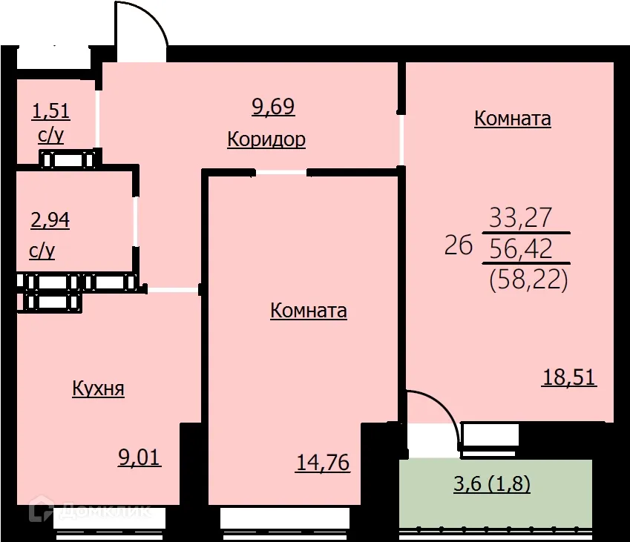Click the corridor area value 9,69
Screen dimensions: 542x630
coord(273,107)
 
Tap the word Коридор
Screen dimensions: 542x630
coord(266,139)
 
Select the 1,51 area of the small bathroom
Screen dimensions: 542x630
coord(50,111)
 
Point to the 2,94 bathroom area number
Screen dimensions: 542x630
coord(50,219)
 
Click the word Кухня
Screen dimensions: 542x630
coord(98,389)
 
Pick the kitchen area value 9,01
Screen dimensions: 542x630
coord(140,456)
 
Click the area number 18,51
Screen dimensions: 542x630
coord(570,377)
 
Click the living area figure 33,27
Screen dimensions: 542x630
coord(521,217)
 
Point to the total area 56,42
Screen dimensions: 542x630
coord(521,249)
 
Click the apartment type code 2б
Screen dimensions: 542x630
coord(459,245)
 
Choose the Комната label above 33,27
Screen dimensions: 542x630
coord(512,119)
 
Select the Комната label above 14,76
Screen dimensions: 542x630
coord(309,310)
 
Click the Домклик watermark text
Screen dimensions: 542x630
coord(104,512)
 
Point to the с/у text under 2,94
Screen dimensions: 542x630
coord(42,251)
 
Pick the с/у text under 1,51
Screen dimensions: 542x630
coord(50,136)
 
